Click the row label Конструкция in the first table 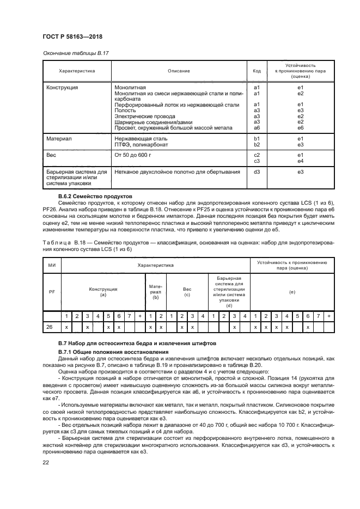point(62,87)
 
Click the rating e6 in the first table point(300,128)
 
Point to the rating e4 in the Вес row point(300,161)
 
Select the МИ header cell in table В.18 point(52,265)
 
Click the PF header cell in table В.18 point(52,291)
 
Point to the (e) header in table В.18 point(292,292)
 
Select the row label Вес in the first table point(52,155)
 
